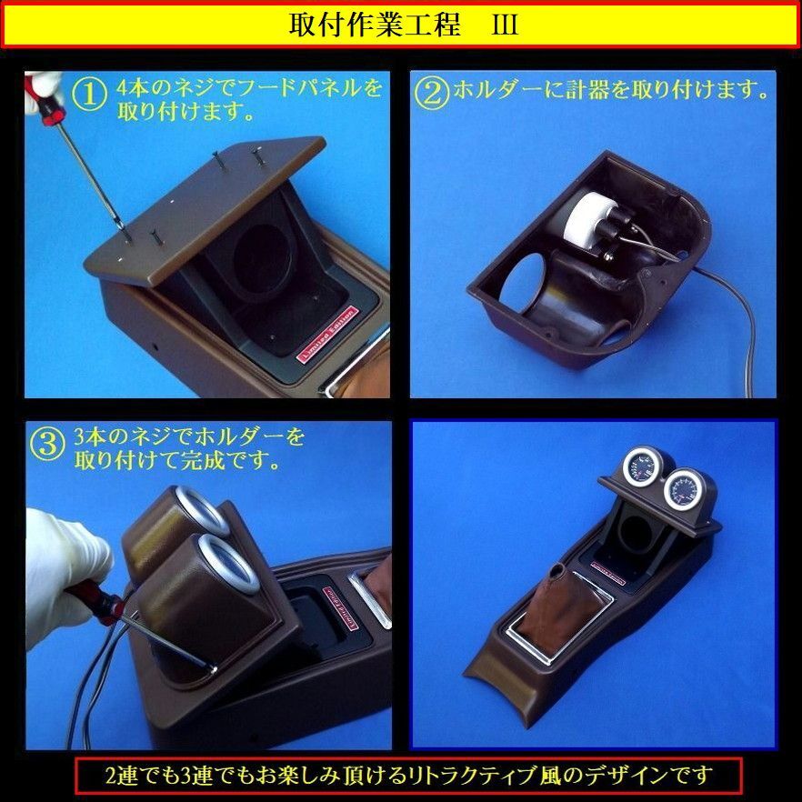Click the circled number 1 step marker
(89, 95)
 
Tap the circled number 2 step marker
(432, 93)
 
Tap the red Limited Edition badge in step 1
(326, 334)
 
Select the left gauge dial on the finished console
(640, 466)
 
